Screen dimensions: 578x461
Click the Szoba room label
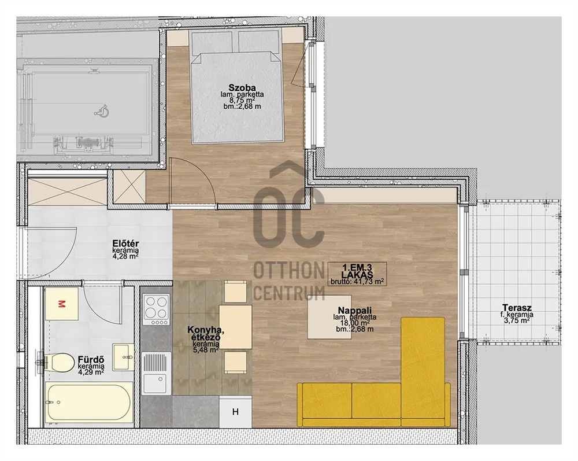point(242,88)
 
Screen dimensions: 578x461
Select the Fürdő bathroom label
point(91,360)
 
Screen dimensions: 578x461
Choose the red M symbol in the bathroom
point(62,304)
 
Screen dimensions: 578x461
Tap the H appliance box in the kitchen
point(236,412)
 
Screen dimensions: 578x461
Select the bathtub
point(88,403)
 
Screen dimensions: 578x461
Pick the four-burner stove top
point(157,310)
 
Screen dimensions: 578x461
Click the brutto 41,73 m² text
point(357,281)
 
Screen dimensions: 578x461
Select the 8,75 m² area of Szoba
point(242,100)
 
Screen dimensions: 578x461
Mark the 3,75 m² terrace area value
point(517,320)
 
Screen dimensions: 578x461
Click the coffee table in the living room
point(329,317)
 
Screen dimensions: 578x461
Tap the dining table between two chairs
point(236,327)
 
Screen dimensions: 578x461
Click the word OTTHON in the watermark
point(288,271)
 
